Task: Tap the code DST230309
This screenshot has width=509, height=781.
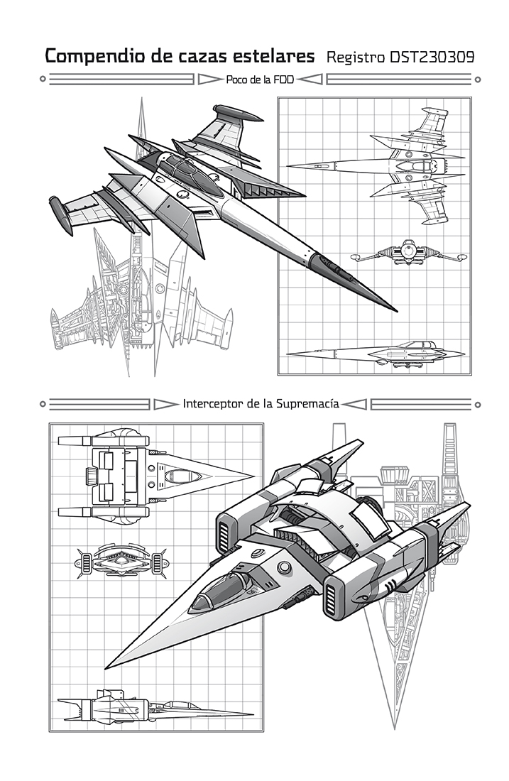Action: (432, 58)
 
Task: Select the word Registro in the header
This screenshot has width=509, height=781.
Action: (356, 58)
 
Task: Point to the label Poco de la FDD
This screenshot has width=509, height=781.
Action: (260, 80)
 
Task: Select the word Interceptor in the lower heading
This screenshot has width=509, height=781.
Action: (213, 403)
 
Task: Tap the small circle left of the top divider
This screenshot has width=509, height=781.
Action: (43, 79)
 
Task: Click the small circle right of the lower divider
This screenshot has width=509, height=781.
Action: (477, 405)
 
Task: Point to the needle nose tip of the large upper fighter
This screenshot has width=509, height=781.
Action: (396, 311)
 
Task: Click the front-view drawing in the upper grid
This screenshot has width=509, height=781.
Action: (408, 253)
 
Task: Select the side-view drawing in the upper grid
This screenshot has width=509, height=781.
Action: (376, 353)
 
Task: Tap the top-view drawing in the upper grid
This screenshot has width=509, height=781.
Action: (376, 166)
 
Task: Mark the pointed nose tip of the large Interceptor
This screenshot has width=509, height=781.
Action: (106, 668)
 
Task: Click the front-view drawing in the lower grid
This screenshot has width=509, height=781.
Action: (121, 561)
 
